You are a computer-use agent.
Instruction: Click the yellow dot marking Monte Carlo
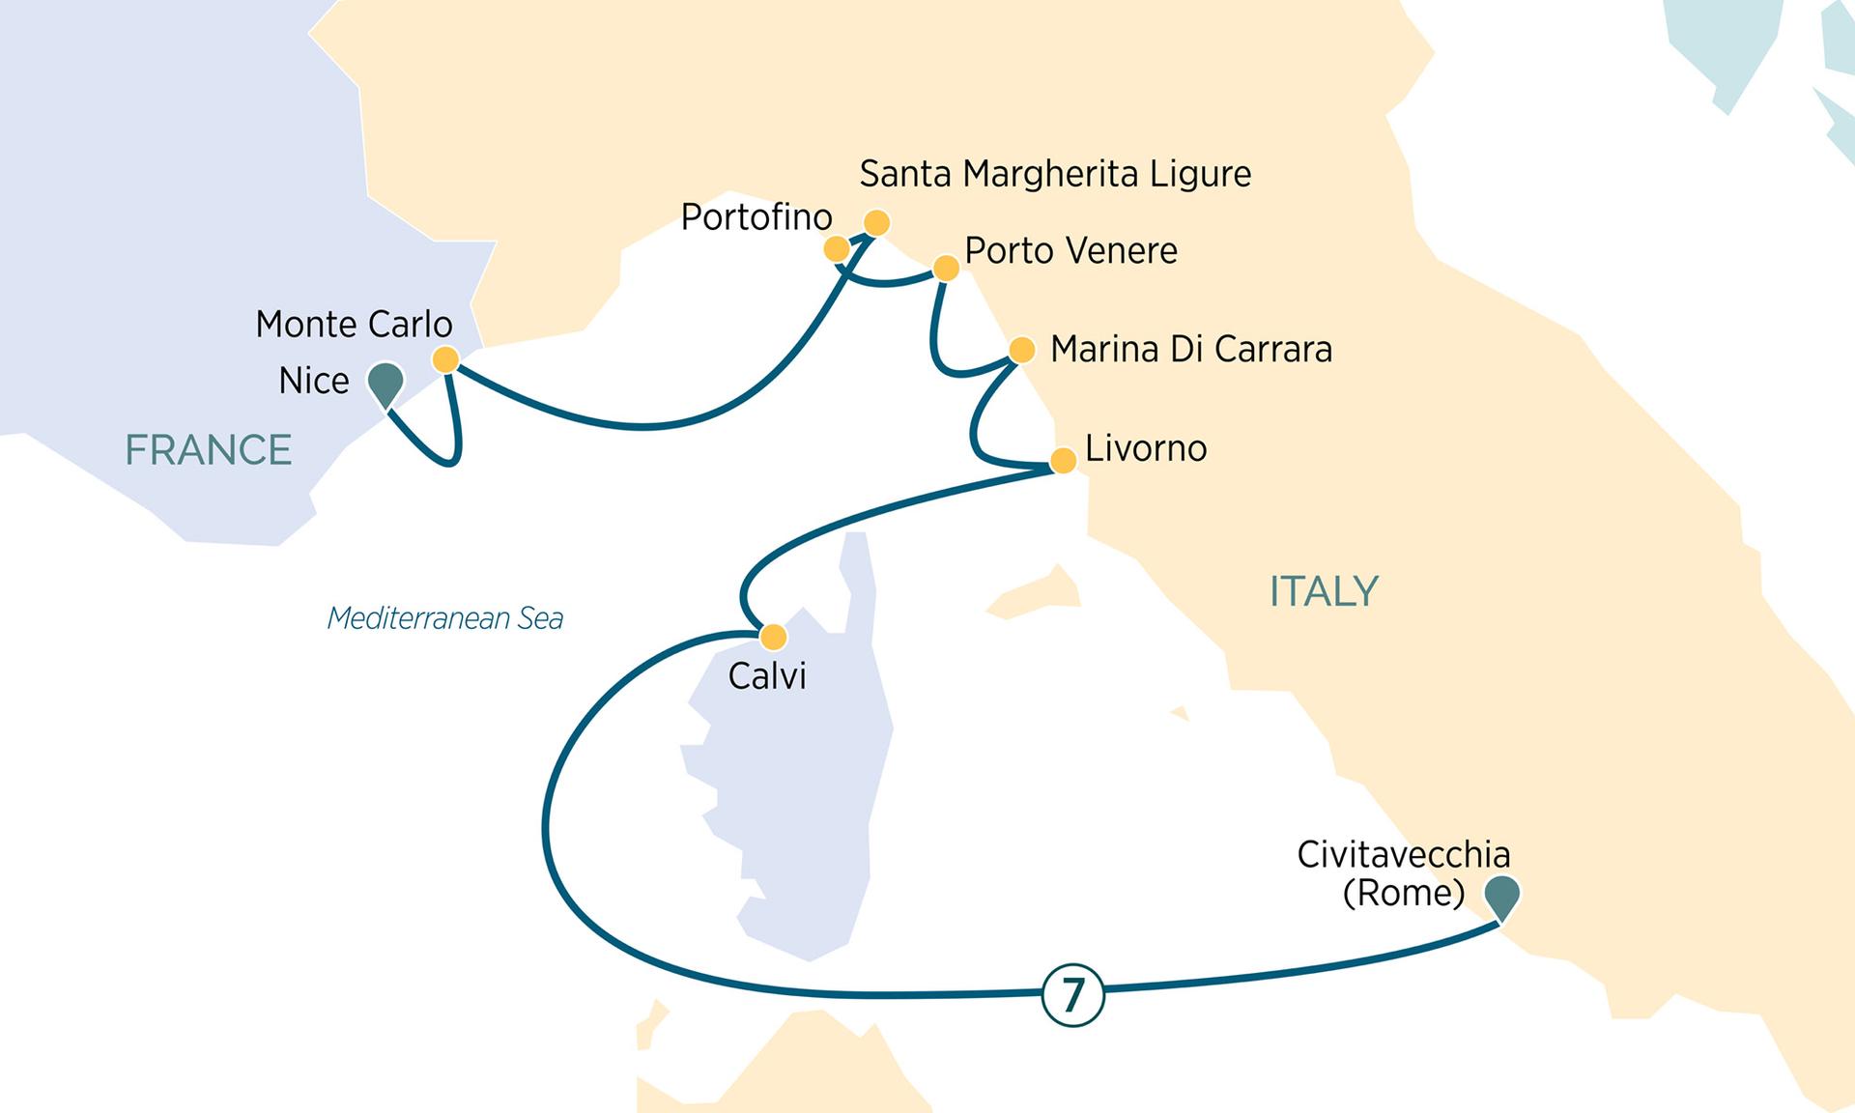pos(445,360)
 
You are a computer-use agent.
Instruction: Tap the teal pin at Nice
pos(385,383)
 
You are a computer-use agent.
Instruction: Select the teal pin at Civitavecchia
pos(1502,895)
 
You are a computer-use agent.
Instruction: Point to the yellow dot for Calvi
pos(774,637)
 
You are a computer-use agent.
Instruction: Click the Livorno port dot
pos(1063,460)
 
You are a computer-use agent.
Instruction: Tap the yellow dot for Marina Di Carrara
pos(1021,349)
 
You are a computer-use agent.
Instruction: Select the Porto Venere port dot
pos(947,268)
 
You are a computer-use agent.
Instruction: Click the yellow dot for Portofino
pos(837,250)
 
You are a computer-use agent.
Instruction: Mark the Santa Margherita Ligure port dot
pos(876,223)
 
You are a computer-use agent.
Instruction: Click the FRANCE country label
pos(209,450)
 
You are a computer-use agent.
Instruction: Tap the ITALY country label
pos(1324,591)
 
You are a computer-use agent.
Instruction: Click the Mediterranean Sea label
pos(445,618)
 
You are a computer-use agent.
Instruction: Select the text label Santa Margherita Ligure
pos(1055,175)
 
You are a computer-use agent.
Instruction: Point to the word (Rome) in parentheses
pos(1403,892)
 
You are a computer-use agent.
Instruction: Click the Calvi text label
pos(767,676)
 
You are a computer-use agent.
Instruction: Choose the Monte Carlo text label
pos(354,325)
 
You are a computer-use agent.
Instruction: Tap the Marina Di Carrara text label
pos(1190,349)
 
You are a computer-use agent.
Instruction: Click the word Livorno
pos(1146,448)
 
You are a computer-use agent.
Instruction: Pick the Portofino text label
pos(756,217)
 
